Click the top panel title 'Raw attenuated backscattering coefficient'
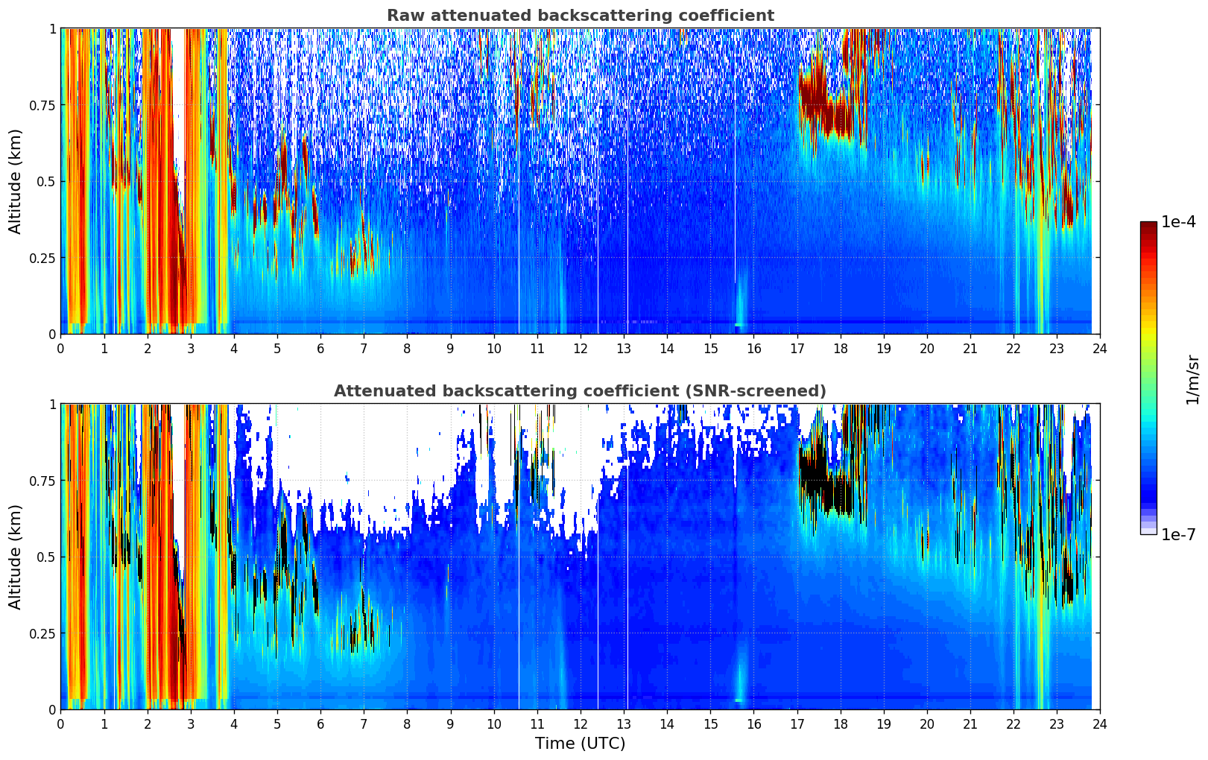point(580,16)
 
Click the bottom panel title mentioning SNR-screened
point(580,391)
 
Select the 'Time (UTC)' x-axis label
point(580,744)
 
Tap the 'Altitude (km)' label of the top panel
point(16,181)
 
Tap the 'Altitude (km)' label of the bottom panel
point(16,557)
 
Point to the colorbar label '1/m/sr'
point(1192,379)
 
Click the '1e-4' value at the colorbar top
point(1178,222)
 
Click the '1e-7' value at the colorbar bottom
point(1178,534)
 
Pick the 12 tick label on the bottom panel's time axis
point(580,724)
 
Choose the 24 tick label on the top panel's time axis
point(1100,349)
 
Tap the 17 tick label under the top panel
point(797,349)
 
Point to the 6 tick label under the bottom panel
point(320,724)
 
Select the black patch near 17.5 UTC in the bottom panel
point(816,477)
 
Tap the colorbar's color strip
point(1148,378)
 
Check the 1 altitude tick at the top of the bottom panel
point(52,405)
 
